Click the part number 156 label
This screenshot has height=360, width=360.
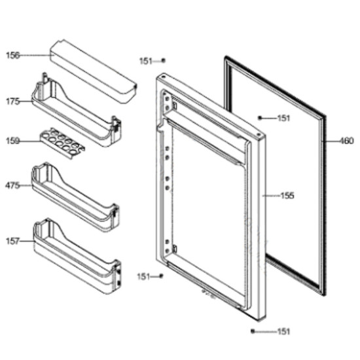tap(13, 56)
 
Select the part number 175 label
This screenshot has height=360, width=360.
tap(13, 101)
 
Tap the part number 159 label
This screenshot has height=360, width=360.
tap(13, 141)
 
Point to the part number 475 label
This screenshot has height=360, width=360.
tap(12, 185)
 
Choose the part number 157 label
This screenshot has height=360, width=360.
tap(13, 241)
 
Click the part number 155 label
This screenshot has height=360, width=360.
tap(287, 196)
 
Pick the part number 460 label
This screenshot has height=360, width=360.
tap(346, 141)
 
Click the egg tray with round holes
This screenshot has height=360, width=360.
tap(62, 143)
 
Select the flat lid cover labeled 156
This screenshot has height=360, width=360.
tap(94, 71)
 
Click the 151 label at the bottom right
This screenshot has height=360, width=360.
tap(283, 332)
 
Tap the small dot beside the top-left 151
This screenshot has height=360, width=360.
tap(163, 60)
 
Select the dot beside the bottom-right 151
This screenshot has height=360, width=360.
tap(253, 331)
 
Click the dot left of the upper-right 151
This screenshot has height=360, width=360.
tap(260, 118)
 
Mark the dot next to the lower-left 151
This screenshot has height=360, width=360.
tap(161, 276)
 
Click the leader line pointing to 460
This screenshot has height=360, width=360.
tap(331, 141)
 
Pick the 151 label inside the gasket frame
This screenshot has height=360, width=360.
tap(284, 118)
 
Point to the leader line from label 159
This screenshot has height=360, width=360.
tap(31, 141)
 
